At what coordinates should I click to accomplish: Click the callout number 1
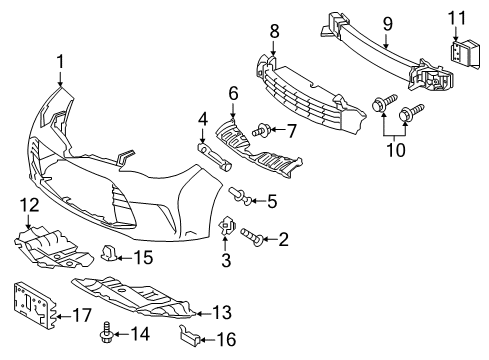coord(60,62)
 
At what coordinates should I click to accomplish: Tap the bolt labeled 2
coord(251,236)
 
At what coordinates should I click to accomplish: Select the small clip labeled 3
coord(227,226)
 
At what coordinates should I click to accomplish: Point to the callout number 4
coord(203,120)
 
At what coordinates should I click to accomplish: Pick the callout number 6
coord(233,94)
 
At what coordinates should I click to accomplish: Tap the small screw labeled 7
coord(261,130)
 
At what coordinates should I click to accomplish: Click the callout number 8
coord(274,32)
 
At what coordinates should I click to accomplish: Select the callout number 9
coord(387,24)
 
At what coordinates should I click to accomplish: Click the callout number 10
coord(396,150)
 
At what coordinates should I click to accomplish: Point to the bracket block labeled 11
coord(465,54)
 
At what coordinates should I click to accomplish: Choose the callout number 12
coord(30,206)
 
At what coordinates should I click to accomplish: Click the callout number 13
coord(222,313)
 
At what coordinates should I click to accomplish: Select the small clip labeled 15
coord(109,253)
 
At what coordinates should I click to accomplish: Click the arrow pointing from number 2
coord(270,239)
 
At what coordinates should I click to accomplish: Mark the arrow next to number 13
coord(203,313)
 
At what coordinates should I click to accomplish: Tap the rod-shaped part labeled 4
coord(215,157)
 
